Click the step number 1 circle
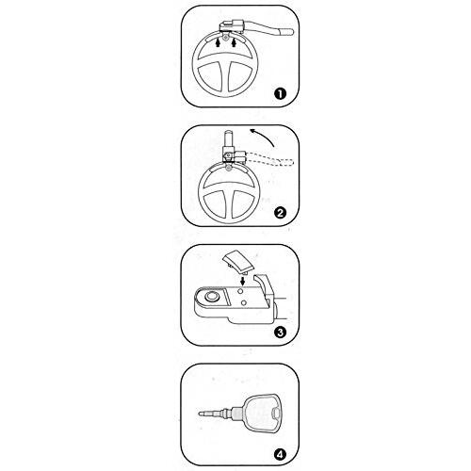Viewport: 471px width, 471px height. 279,93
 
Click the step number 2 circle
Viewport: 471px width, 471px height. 280,212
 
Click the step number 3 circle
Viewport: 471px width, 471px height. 280,331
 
